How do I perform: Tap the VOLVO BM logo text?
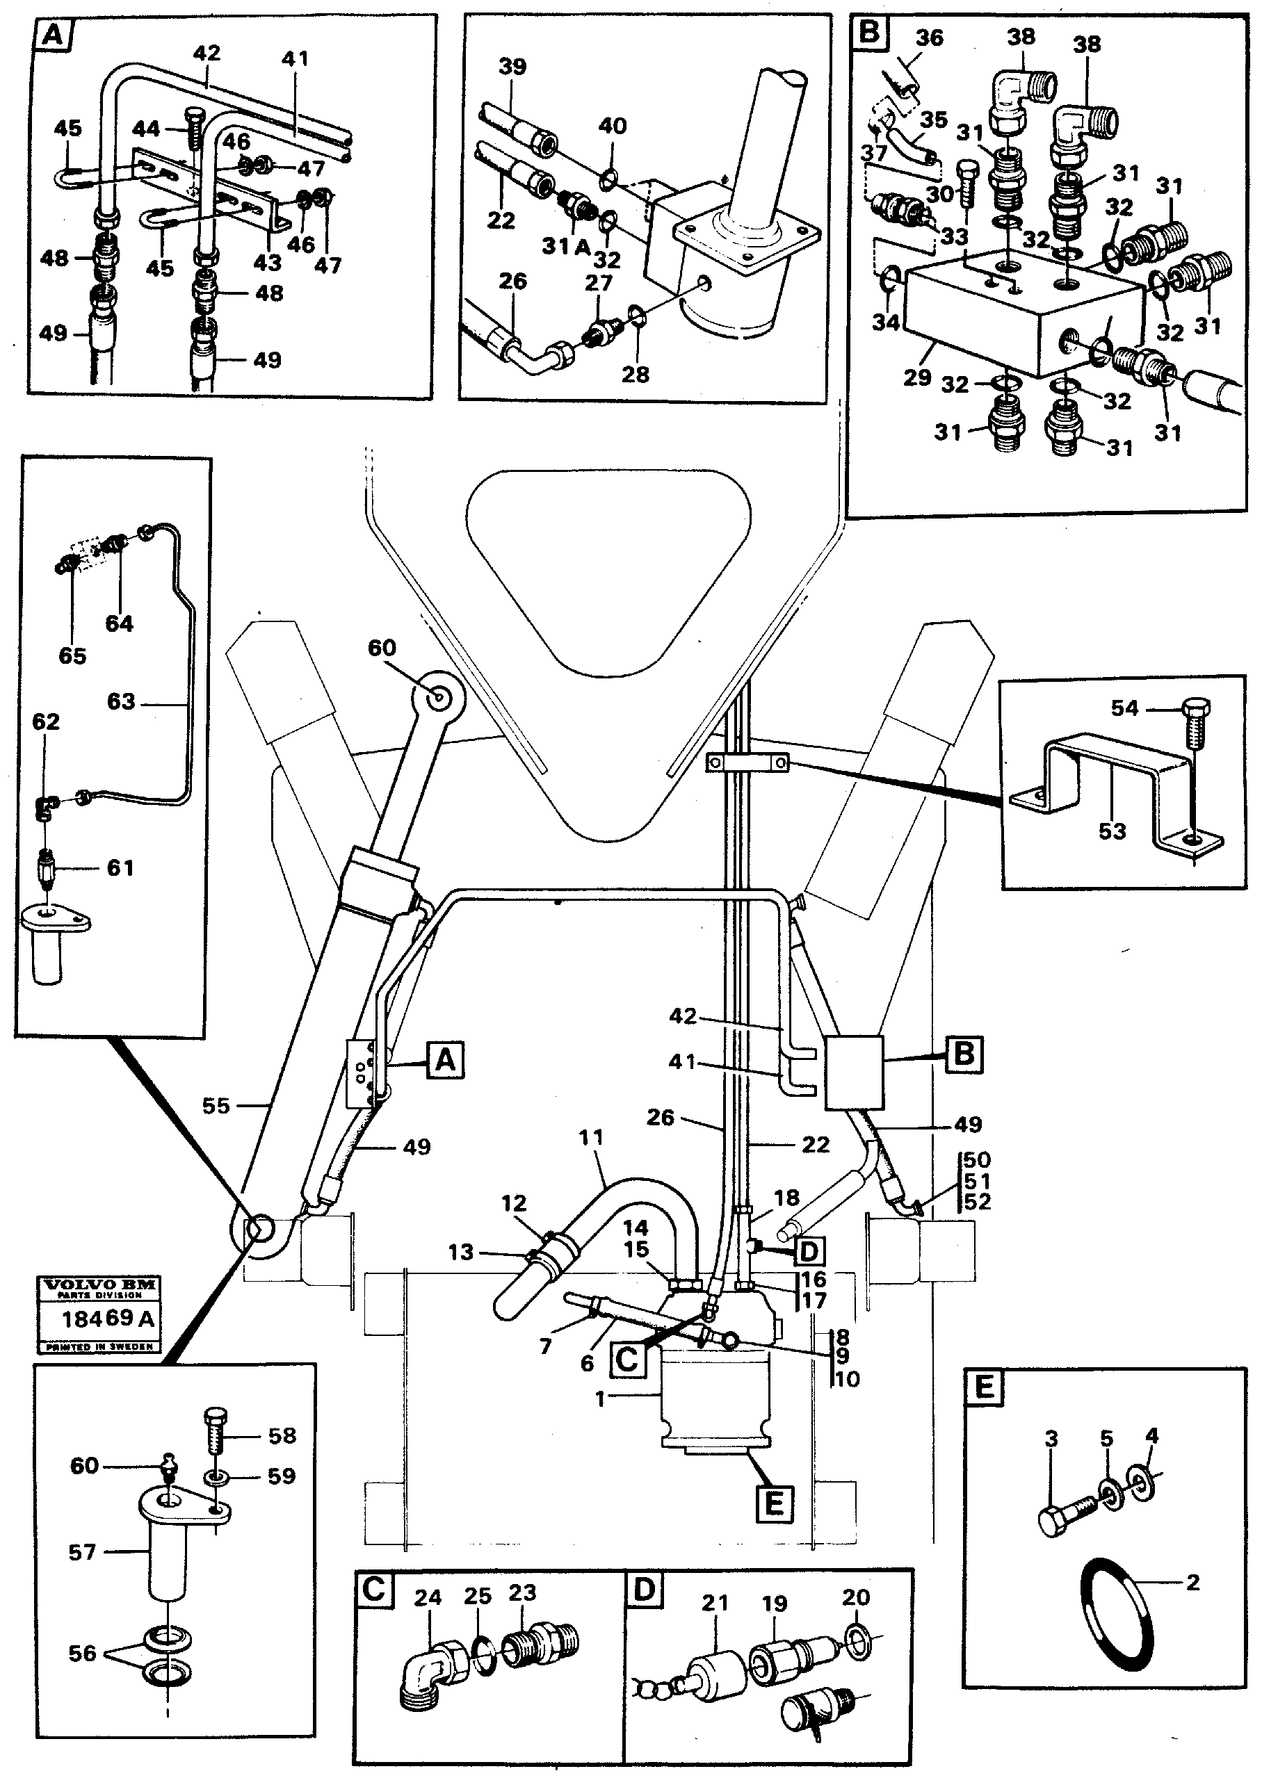tap(99, 1284)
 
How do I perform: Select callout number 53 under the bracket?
tap(1112, 831)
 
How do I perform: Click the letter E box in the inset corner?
tap(984, 1387)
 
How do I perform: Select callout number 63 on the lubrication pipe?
tap(121, 701)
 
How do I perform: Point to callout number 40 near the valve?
tap(613, 126)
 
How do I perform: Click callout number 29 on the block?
tap(917, 377)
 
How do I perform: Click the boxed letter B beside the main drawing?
tap(964, 1055)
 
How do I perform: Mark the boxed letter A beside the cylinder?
tap(445, 1059)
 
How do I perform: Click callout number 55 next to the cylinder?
tap(216, 1105)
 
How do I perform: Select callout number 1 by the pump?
tap(600, 1398)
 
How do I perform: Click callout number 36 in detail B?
tap(929, 38)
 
